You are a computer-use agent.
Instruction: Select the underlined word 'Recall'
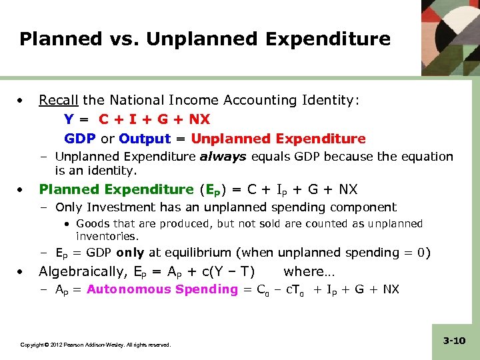pyautogui.click(x=59, y=101)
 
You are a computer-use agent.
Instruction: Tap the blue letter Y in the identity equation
pyautogui.click(x=69, y=119)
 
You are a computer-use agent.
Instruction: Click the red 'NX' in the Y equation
pyautogui.click(x=199, y=119)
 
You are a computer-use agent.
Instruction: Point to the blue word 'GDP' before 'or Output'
pyautogui.click(x=80, y=139)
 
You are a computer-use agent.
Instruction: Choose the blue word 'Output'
pyautogui.click(x=145, y=139)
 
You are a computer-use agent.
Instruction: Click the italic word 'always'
pyautogui.click(x=223, y=157)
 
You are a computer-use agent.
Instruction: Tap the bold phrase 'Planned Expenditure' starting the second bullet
pyautogui.click(x=115, y=189)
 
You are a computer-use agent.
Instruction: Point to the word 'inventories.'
pyautogui.click(x=107, y=237)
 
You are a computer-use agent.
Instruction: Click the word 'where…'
pyautogui.click(x=309, y=271)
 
